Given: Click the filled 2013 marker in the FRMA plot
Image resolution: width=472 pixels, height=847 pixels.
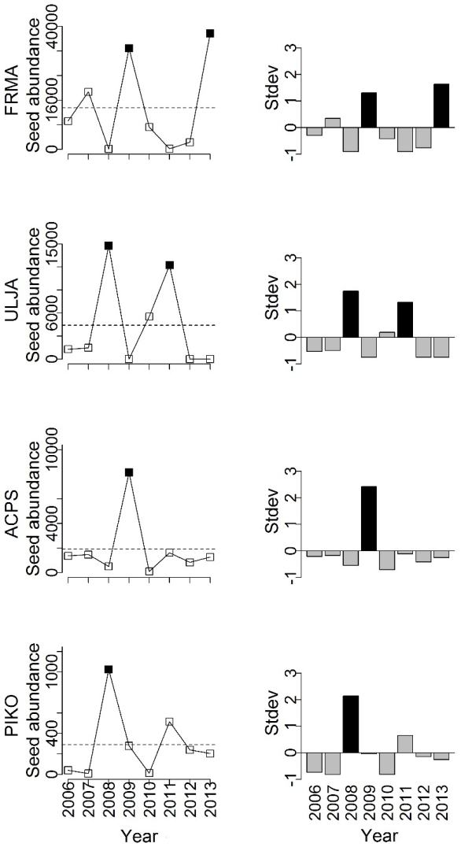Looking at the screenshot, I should click(210, 33).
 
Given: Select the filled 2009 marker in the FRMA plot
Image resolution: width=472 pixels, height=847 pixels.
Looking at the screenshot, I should click(129, 48).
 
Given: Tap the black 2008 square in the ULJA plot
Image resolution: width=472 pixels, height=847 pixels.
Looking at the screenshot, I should click(109, 246).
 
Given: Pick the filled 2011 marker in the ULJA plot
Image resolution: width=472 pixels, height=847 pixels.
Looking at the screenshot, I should click(169, 264).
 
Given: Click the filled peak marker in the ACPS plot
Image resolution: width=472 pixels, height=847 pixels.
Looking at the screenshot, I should click(129, 472).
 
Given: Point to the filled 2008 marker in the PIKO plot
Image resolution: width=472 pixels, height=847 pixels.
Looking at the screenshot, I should click(109, 669).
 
